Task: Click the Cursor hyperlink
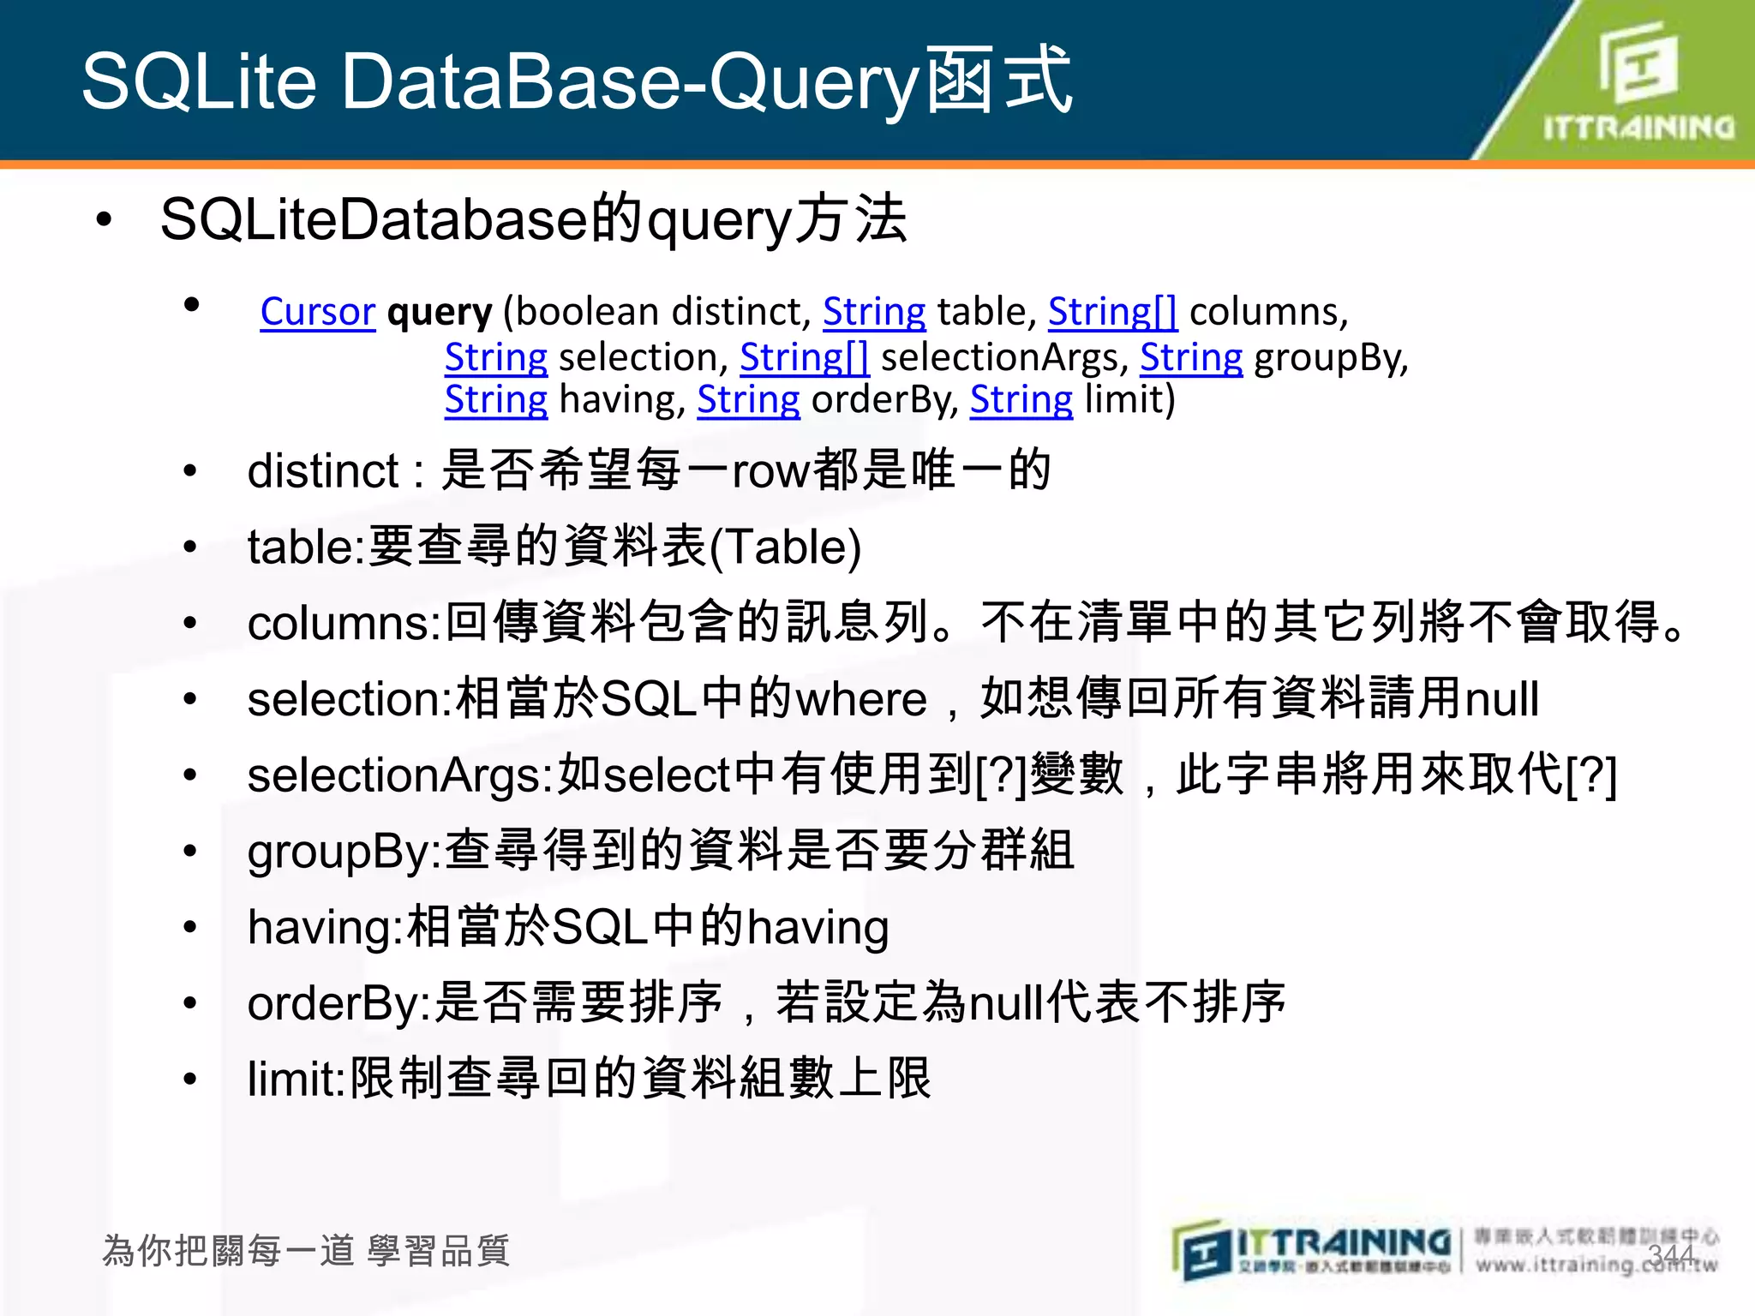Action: pos(317,312)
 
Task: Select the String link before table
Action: pos(874,312)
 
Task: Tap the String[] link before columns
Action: pos(1112,312)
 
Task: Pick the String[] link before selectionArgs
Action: pos(804,357)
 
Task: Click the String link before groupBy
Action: pos(1190,357)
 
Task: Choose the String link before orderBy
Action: pos(748,400)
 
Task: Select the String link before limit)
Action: pos(1021,400)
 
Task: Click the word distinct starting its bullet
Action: pos(323,471)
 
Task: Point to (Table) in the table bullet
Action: pos(786,547)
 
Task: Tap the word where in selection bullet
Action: pos(861,699)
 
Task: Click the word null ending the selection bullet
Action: pos(1502,699)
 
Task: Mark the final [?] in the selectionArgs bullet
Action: pos(1591,775)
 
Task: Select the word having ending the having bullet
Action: pos(818,928)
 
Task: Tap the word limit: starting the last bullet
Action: pos(296,1080)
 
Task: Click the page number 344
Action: pos(1670,1254)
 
